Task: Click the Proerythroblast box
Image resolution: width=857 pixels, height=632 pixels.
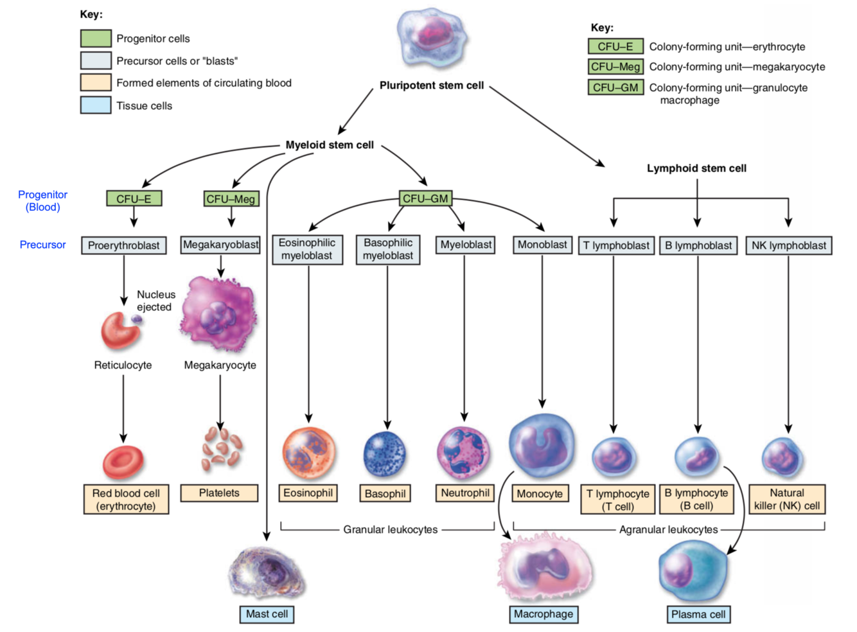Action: coord(124,245)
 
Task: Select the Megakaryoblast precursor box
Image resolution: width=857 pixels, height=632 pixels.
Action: coord(220,245)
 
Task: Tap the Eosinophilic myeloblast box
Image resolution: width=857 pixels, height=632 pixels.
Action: coord(307,249)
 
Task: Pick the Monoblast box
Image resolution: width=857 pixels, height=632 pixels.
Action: coord(542,245)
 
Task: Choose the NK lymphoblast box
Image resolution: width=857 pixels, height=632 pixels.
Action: coord(788,245)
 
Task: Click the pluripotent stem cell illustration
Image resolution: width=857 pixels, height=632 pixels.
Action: coord(431,39)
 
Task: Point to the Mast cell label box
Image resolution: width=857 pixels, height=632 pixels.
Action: coord(267,614)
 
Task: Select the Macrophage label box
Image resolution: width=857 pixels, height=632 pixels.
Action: coord(543,614)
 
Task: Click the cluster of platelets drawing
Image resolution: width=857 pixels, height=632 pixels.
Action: coord(221,448)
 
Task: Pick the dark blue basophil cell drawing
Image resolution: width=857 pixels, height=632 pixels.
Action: coord(385,455)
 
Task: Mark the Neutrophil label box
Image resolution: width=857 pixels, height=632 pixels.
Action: coord(465,493)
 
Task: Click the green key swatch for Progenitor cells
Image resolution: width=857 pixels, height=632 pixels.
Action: coord(96,39)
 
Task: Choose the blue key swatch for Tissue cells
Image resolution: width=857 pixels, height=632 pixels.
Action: coord(96,105)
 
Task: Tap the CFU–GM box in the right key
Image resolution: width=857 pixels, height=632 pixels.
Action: coord(615,87)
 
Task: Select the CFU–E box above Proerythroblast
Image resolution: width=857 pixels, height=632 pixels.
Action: coord(134,199)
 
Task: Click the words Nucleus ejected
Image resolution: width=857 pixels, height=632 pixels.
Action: coord(155,301)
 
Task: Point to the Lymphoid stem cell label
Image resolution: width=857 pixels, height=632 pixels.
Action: coord(696,168)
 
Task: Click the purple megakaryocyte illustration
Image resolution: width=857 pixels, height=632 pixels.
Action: coord(220,314)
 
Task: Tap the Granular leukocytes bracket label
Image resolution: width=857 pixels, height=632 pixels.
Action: coord(390,530)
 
